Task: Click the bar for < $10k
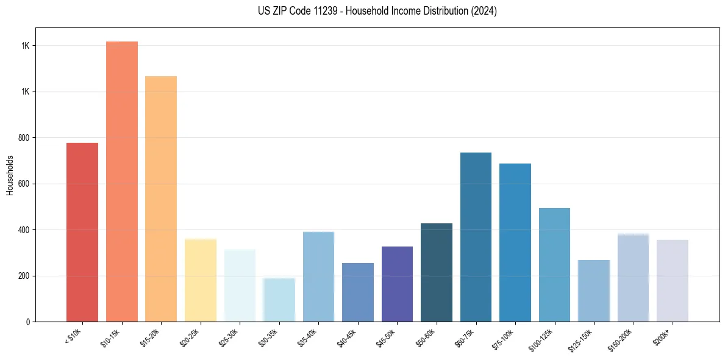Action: tap(82, 232)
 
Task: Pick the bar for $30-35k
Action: tap(279, 300)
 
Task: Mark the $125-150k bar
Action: tap(594, 290)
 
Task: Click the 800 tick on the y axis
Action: tap(24, 138)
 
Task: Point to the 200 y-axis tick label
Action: tap(24, 276)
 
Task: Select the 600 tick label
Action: tap(24, 184)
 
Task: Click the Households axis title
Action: tap(10, 175)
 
